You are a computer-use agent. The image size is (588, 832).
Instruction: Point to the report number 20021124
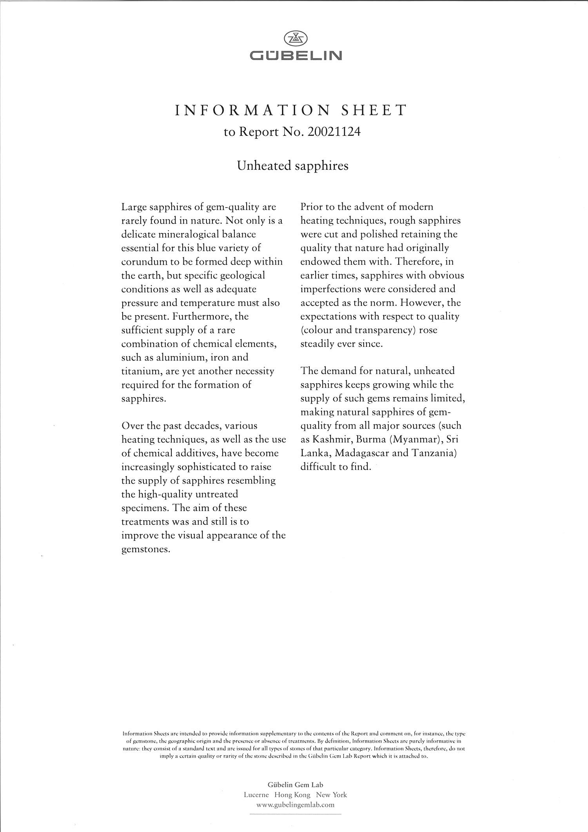pos(334,132)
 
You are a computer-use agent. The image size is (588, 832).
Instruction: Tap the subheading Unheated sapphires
pos(292,166)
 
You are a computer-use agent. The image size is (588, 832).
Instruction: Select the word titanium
pos(139,371)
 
